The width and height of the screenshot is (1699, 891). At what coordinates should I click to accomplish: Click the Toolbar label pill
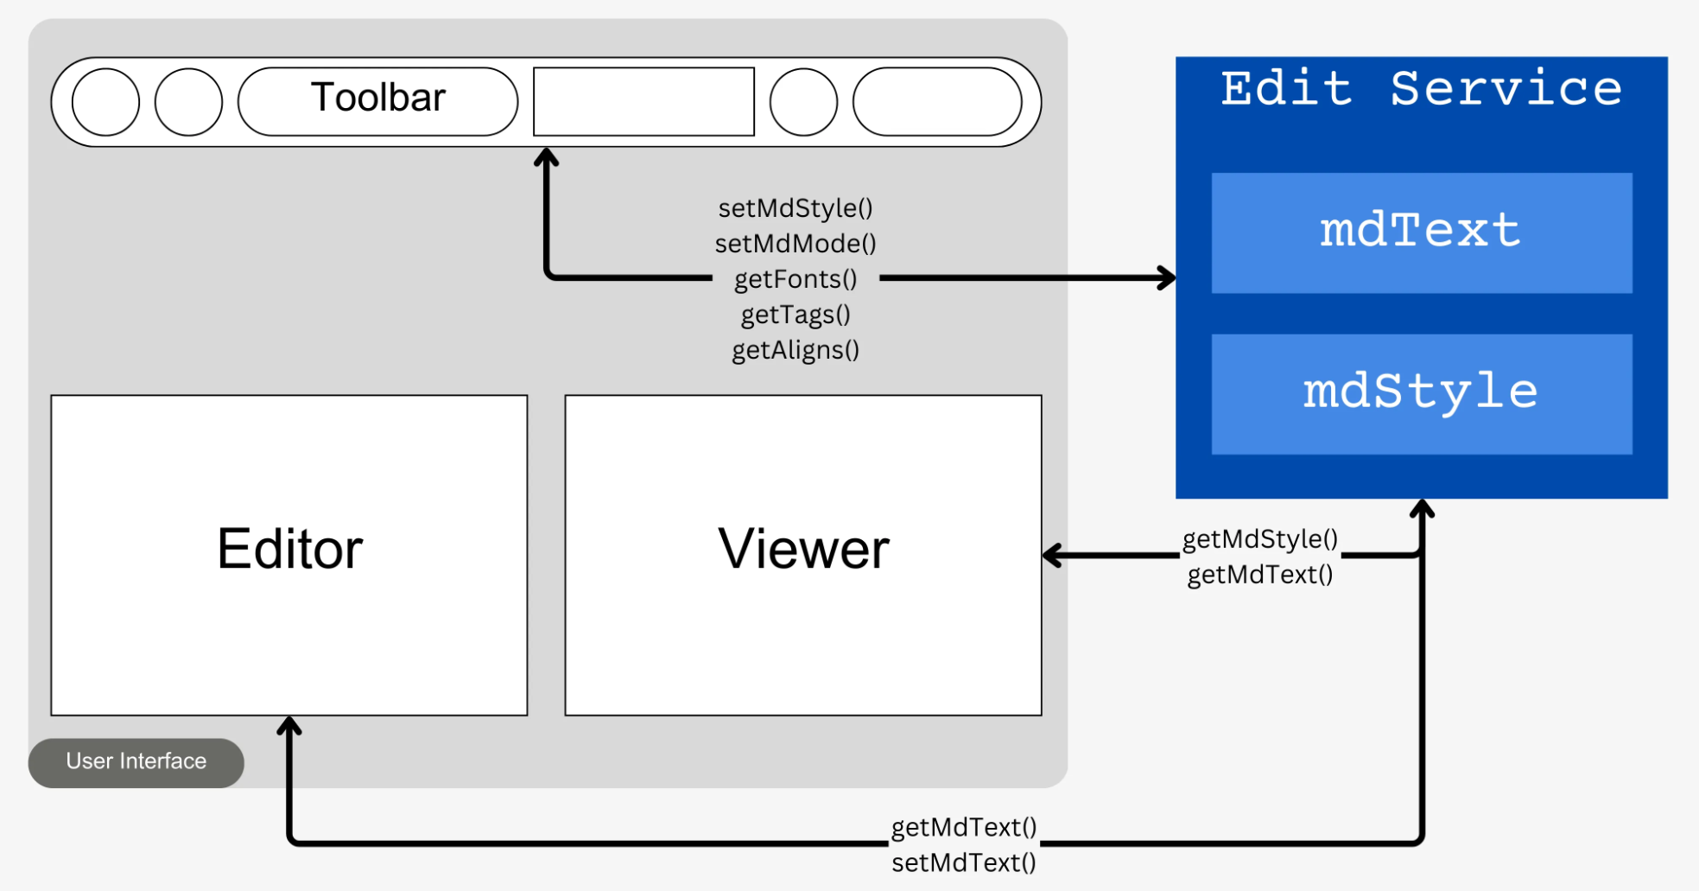(x=377, y=101)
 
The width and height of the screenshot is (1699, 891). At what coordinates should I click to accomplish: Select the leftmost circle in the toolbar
(x=105, y=102)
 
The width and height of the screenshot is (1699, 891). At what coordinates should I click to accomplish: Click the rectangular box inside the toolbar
(x=643, y=102)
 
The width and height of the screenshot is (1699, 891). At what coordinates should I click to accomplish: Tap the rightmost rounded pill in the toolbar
(x=937, y=102)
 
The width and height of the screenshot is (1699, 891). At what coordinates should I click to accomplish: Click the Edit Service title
(x=1421, y=88)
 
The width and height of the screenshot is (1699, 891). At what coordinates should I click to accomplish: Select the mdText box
(x=1421, y=232)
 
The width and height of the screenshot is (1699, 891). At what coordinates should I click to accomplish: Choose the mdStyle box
(x=1421, y=393)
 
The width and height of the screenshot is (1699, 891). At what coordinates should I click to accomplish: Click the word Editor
(x=289, y=549)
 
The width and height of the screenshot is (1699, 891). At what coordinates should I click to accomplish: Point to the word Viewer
(x=803, y=549)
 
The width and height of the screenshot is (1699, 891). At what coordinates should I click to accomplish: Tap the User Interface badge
(x=136, y=761)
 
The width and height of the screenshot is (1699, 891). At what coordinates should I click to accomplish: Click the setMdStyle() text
(x=796, y=208)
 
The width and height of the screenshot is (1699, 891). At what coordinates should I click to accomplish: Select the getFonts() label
(x=796, y=279)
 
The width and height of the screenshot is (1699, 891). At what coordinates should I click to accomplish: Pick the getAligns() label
(x=796, y=350)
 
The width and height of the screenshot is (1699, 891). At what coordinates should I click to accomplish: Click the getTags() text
(x=796, y=315)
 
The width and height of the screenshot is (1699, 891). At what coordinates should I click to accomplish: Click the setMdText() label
(x=963, y=862)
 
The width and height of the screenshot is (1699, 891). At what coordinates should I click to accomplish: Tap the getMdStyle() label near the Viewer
(x=1259, y=539)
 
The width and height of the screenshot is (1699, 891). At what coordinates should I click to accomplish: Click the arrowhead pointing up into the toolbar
(x=546, y=157)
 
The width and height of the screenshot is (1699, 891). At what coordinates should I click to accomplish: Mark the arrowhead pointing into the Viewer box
(x=1052, y=555)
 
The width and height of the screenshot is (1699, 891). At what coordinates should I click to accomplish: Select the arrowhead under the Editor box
(x=289, y=726)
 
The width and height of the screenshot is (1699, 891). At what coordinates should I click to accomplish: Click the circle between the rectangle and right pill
(x=803, y=102)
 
